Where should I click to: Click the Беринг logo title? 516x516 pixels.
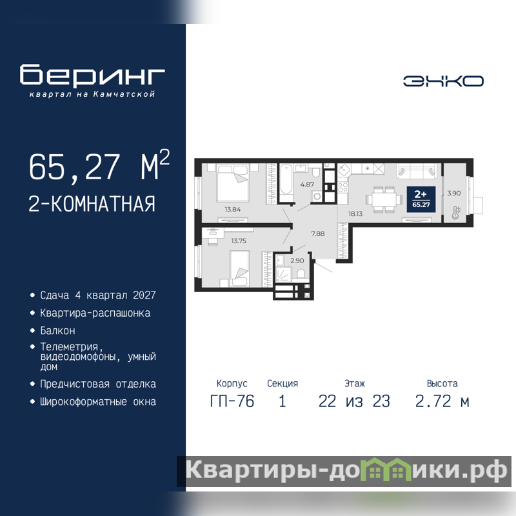tap(92, 75)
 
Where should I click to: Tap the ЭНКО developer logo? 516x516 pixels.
tap(443, 81)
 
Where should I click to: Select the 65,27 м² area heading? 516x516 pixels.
tap(99, 166)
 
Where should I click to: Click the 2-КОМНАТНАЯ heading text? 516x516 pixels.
tap(92, 204)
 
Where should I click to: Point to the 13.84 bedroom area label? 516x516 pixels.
tap(233, 209)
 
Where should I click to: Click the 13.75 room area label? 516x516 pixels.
tap(239, 241)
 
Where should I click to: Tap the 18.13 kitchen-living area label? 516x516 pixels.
tap(355, 214)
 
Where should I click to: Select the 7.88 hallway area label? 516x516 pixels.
tap(318, 233)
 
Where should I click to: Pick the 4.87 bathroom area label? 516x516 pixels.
tap(307, 184)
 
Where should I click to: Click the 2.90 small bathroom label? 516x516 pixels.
tap(297, 261)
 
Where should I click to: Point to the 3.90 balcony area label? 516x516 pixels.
tap(454, 193)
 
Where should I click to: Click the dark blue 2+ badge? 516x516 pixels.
tap(421, 199)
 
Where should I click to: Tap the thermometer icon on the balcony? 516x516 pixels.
tap(456, 213)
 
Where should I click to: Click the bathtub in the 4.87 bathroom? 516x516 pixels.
tap(286, 180)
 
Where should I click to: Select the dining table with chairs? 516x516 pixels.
tap(384, 199)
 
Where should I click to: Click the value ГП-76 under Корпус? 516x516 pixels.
tap(232, 401)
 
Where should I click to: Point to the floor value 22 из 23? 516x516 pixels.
tap(354, 401)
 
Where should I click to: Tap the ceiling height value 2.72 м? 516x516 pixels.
tap(442, 401)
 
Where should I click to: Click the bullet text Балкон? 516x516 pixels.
tap(57, 330)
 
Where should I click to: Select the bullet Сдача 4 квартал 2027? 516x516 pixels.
tap(98, 295)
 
